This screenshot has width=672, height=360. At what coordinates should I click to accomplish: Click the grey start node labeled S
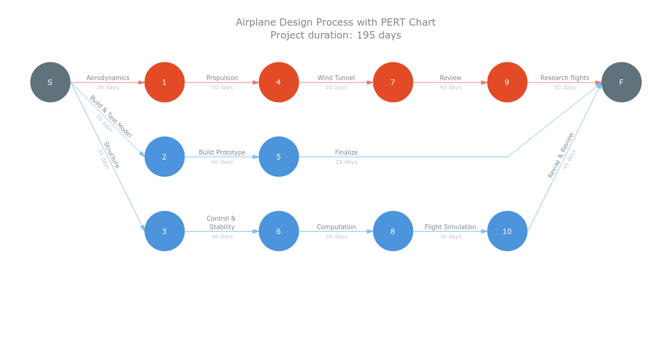[50, 82]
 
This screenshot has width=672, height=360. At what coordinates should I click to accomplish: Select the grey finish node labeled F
[621, 82]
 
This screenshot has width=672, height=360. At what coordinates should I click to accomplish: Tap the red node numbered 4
[279, 82]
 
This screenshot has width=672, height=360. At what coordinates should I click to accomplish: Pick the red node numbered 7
[393, 82]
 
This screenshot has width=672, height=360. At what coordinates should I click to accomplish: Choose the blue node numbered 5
[279, 156]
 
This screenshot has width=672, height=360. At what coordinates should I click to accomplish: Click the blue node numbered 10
[507, 231]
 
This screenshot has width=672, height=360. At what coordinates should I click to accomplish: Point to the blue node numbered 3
[164, 231]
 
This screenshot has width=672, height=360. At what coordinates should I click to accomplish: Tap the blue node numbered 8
[393, 231]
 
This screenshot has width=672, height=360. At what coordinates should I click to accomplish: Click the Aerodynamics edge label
[108, 78]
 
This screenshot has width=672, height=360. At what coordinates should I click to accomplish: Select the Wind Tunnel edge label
[336, 78]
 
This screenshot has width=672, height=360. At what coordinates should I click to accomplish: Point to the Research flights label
[564, 78]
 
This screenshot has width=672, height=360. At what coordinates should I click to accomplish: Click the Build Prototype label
[222, 153]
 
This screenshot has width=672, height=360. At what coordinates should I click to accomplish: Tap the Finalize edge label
[346, 153]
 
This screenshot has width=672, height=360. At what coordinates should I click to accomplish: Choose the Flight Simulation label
[450, 227]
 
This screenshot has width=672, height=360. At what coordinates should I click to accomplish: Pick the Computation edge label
[336, 227]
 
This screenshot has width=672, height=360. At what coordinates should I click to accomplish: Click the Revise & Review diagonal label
[561, 155]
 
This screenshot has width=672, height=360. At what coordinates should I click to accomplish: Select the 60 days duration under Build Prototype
[222, 162]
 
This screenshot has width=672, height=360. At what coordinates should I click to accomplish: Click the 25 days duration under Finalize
[346, 162]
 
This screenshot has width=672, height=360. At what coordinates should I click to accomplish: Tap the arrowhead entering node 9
[484, 82]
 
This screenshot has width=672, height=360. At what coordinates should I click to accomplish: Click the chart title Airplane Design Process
[335, 23]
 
